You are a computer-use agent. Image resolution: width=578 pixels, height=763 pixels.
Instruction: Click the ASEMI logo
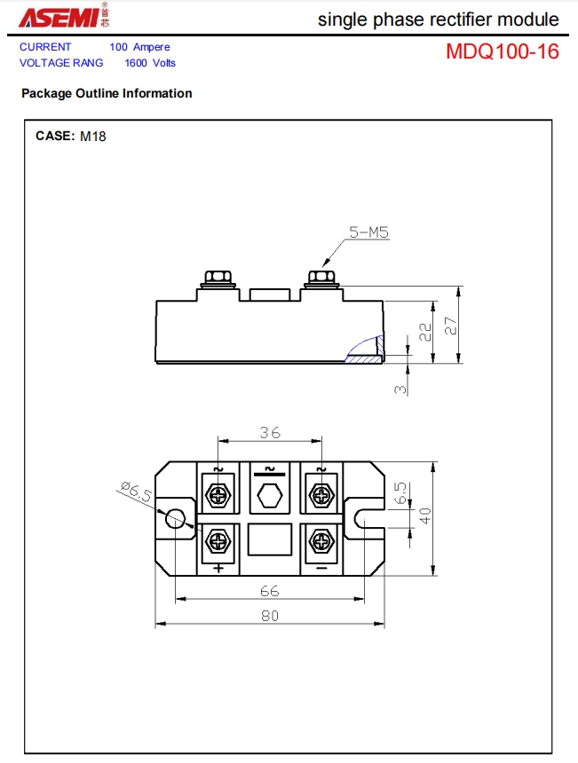64,16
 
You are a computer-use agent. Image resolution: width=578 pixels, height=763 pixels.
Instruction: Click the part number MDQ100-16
502,51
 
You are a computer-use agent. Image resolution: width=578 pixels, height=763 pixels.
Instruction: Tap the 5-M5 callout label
369,232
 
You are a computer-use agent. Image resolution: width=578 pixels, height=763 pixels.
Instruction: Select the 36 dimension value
270,432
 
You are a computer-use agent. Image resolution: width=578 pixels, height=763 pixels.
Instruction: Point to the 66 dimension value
269,591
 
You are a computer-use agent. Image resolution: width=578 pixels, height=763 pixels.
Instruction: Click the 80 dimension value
269,616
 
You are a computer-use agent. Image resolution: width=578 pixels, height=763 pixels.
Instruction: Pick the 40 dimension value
425,515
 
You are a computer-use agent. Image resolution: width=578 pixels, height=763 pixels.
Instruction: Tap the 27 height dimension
451,326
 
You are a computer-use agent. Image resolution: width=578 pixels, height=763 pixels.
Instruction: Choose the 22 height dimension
425,332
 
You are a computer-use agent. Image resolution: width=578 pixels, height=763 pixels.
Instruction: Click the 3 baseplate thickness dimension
400,389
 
